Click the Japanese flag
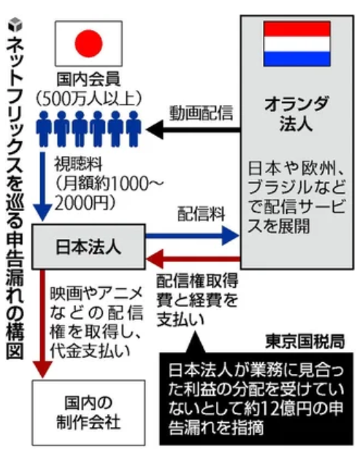[x=88, y=43]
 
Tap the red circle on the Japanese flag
[x=88, y=43]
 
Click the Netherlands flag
[x=296, y=44]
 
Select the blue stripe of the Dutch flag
[x=296, y=58]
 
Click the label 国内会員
[x=88, y=80]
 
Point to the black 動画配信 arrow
[x=193, y=129]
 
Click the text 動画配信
[x=201, y=112]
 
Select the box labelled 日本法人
[x=88, y=247]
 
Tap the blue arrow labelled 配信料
[x=192, y=235]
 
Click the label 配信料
[x=201, y=214]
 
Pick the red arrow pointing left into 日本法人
[x=193, y=259]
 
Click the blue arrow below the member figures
[x=43, y=187]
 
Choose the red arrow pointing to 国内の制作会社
[x=43, y=324]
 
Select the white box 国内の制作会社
[x=88, y=413]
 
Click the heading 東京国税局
[x=305, y=341]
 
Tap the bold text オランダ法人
[x=296, y=114]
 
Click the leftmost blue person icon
[x=43, y=129]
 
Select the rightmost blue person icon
[x=134, y=129]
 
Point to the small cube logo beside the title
[x=15, y=25]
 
